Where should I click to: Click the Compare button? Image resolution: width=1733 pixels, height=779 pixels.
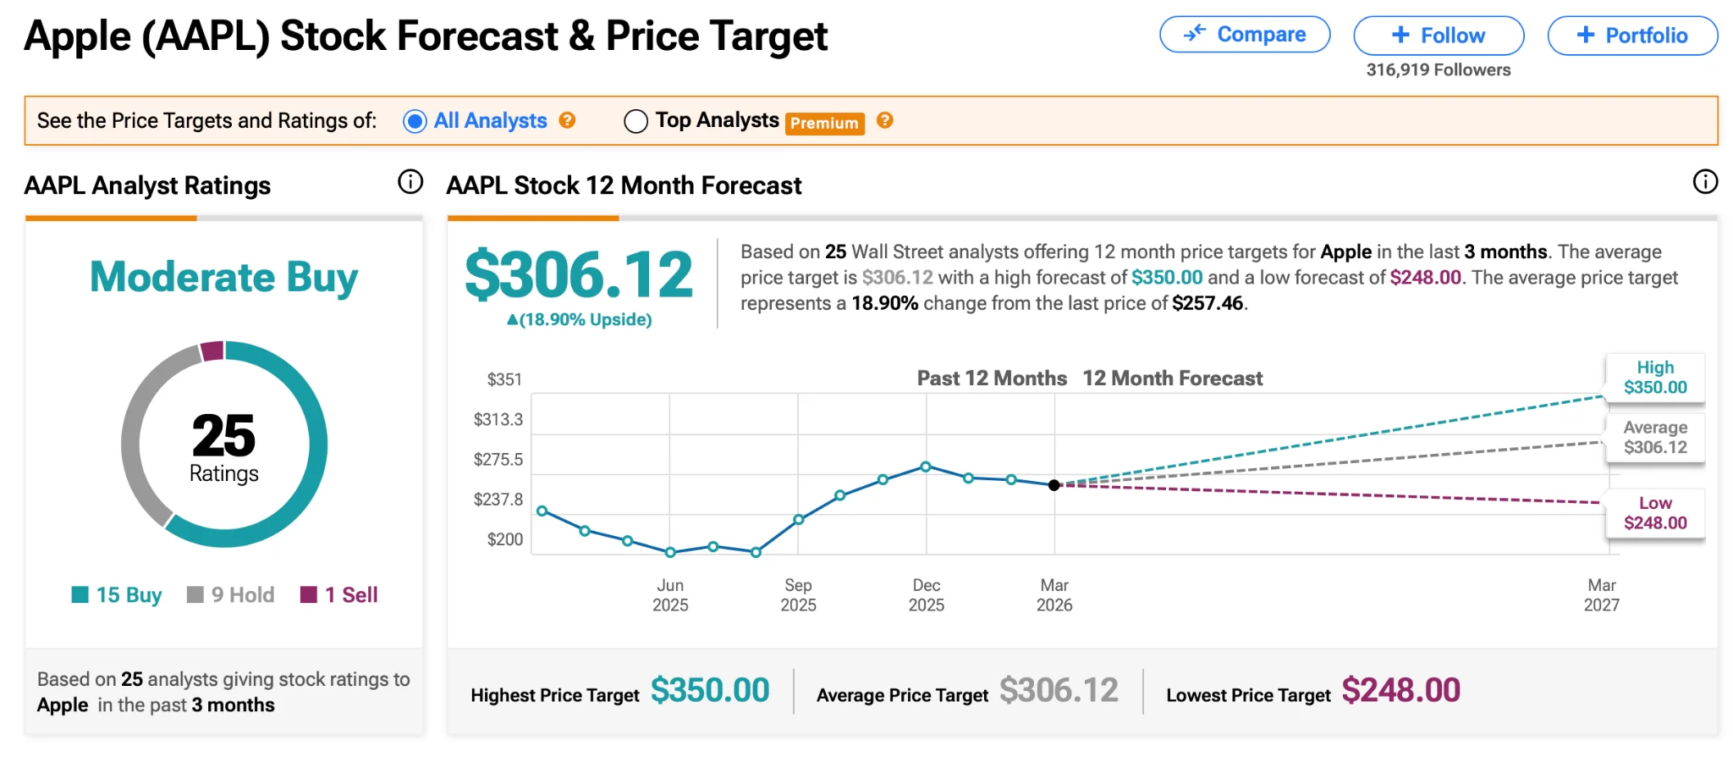click(x=1244, y=35)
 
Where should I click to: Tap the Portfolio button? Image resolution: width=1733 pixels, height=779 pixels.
click(x=1632, y=36)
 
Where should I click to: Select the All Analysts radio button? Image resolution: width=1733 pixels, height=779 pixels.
click(x=415, y=121)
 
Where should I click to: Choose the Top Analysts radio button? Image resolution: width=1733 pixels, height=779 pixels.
click(x=635, y=121)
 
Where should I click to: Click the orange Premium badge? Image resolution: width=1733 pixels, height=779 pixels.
click(x=824, y=124)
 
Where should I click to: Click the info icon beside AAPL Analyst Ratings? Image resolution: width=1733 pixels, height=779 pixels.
click(x=410, y=181)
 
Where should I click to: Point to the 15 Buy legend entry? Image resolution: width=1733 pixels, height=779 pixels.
click(x=117, y=595)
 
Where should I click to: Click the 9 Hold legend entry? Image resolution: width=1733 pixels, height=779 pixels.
click(x=231, y=595)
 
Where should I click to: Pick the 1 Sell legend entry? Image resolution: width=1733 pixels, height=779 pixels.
click(x=339, y=595)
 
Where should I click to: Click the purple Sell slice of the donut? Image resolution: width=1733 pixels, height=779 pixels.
click(x=212, y=351)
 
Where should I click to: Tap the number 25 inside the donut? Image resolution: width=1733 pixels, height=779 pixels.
click(x=223, y=435)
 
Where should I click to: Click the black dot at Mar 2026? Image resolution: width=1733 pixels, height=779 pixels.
click(x=1054, y=485)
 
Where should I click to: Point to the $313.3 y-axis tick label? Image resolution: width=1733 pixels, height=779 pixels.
click(x=498, y=419)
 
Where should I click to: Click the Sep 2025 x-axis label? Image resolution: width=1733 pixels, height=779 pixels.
click(x=798, y=595)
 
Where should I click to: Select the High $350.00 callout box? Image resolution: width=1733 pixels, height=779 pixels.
click(x=1655, y=378)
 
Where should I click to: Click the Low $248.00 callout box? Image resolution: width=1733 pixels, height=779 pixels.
click(x=1655, y=513)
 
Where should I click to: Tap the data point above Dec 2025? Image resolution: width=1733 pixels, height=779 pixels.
click(x=926, y=467)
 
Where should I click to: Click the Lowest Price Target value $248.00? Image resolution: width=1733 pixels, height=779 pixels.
click(x=1400, y=691)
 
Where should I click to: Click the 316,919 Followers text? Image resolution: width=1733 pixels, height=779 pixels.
click(x=1438, y=70)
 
